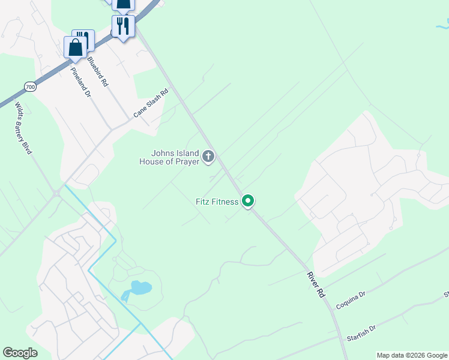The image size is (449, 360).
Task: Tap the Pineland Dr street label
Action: (x=80, y=82)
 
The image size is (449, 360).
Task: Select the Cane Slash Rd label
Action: (x=151, y=104)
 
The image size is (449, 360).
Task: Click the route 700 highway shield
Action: (x=30, y=87)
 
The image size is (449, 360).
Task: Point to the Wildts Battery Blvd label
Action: (x=23, y=128)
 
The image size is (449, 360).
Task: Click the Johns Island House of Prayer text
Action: (x=169, y=157)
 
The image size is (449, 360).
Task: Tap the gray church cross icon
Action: (x=208, y=157)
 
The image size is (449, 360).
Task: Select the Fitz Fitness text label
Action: (x=217, y=202)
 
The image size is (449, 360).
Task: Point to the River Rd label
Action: (x=316, y=286)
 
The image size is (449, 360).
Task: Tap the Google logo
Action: (x=20, y=353)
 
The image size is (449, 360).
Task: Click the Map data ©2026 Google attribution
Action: (x=411, y=355)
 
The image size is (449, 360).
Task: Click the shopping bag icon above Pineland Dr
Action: (x=76, y=47)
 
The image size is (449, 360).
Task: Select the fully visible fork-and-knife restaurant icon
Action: (x=122, y=26)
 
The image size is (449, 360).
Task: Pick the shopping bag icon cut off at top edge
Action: (x=123, y=5)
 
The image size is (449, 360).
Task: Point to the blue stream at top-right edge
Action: (x=441, y=25)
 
